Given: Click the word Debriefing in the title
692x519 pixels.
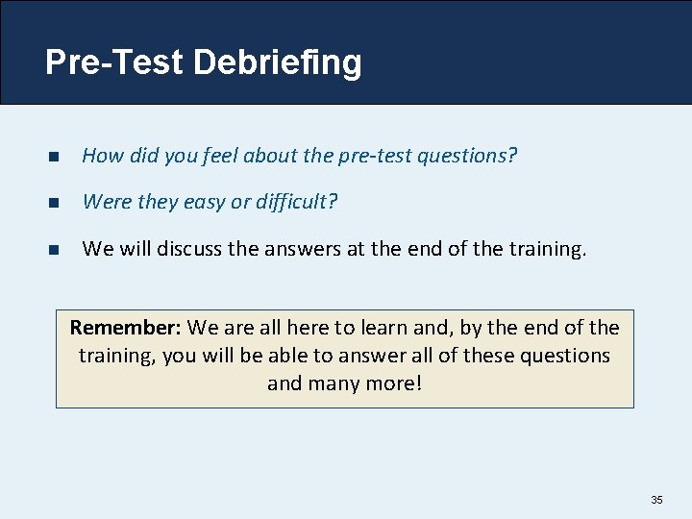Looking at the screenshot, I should [x=277, y=63].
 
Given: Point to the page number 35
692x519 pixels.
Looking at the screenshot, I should [x=657, y=500].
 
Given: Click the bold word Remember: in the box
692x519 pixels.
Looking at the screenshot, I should [x=126, y=329].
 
